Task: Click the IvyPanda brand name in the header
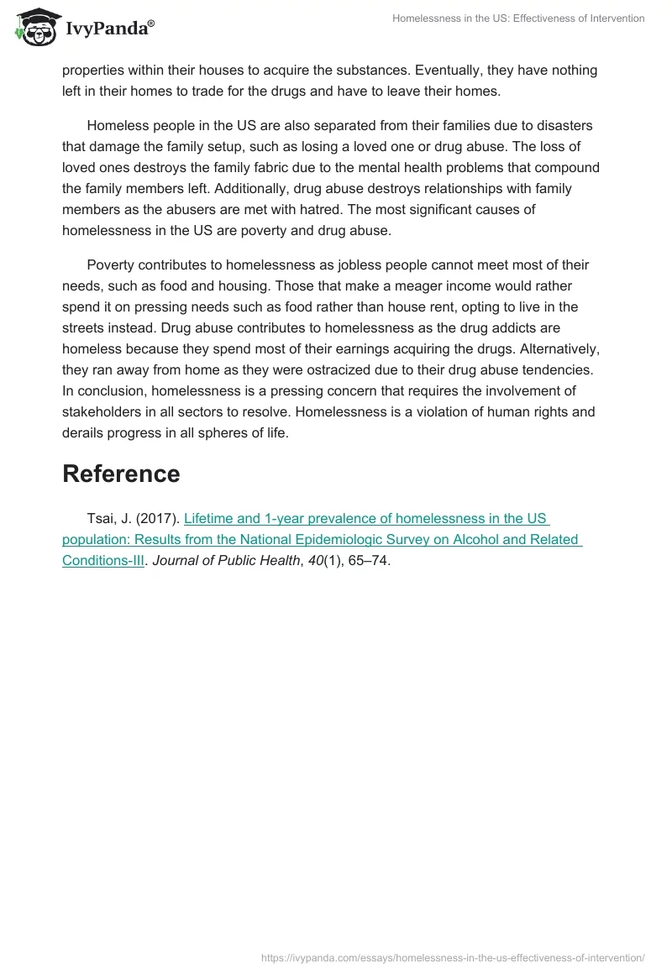click(109, 30)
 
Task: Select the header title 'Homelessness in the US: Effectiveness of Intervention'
click(518, 18)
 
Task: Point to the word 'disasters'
click(564, 126)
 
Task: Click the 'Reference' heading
click(121, 474)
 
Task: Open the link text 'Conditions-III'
click(103, 561)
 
